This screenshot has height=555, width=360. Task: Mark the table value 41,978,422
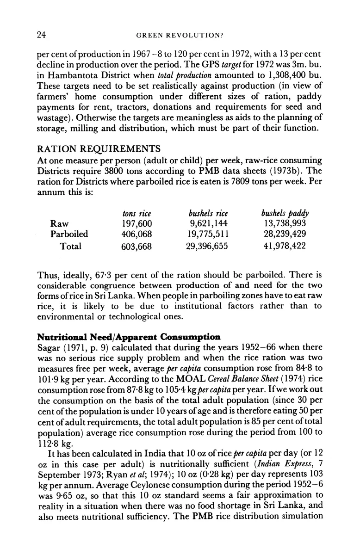(x=284, y=247)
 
